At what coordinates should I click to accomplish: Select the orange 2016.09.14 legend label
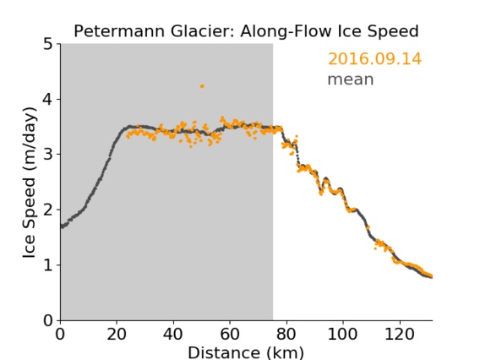coord(374,59)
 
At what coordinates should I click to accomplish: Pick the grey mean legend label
coord(351,79)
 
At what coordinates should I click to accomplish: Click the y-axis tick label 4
coord(48,100)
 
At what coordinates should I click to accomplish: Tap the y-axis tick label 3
coord(48,155)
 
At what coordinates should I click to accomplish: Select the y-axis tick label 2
coord(48,210)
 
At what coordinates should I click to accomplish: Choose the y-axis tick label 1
coord(48,265)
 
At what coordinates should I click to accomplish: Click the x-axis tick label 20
coord(117,334)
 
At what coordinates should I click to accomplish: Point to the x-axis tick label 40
coord(173,334)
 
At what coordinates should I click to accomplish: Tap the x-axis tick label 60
coord(230,334)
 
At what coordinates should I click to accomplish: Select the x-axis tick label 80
coord(286,334)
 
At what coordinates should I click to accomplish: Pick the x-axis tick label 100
coord(342,334)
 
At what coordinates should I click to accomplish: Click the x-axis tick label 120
coord(399,334)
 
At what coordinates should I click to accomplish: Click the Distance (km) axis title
coord(246,352)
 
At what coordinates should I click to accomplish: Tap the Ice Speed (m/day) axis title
coord(30,183)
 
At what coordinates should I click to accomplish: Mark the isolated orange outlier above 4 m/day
coord(202,86)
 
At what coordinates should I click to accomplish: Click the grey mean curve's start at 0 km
coord(61,226)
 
